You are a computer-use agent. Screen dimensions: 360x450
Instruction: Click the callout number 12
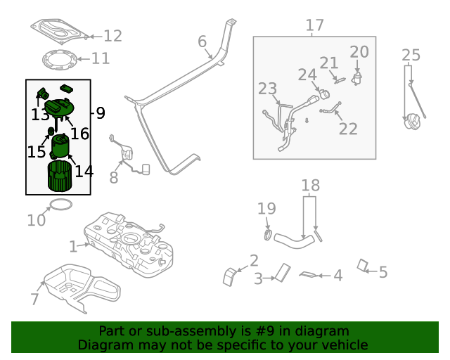[x=112, y=36]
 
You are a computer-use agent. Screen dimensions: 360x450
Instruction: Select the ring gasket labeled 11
[x=58, y=60]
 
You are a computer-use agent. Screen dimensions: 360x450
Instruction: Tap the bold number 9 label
[x=100, y=112]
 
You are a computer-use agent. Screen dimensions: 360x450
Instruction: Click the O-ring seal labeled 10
[x=60, y=205]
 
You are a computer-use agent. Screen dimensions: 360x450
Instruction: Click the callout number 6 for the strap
[x=202, y=42]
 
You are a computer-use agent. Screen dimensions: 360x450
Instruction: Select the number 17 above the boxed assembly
[x=314, y=26]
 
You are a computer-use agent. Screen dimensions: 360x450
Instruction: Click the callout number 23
[x=267, y=89]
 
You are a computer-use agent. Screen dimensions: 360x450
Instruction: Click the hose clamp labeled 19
[x=268, y=233]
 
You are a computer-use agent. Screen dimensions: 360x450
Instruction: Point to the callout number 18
[x=310, y=186]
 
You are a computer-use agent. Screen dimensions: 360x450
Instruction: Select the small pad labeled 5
[x=364, y=266]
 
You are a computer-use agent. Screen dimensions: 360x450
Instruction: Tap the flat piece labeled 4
[x=309, y=274]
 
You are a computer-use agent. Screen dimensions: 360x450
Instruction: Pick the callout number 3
[x=258, y=278]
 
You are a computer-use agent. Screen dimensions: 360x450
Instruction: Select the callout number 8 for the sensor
[x=114, y=177]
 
